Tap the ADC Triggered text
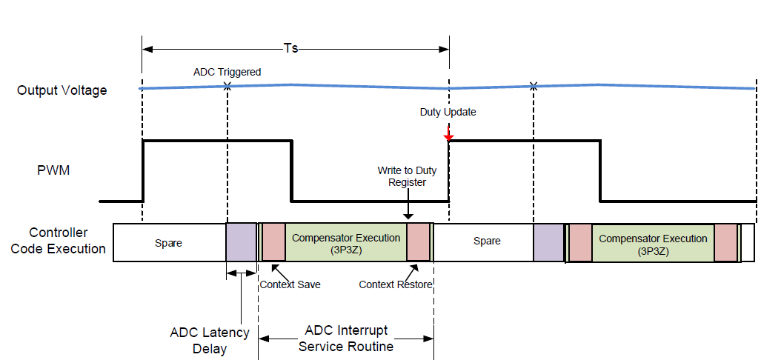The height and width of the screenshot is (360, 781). click(227, 72)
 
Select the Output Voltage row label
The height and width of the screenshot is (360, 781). click(62, 90)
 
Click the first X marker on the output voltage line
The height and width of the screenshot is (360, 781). click(227, 87)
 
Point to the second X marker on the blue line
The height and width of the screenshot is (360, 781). click(534, 87)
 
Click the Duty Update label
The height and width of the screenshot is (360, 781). click(448, 113)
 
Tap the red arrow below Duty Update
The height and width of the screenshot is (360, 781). click(448, 133)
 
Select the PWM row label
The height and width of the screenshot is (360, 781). click(55, 170)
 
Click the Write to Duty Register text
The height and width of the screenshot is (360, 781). click(407, 177)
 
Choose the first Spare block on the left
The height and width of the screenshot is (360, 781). click(168, 242)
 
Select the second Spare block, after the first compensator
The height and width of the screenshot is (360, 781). click(487, 241)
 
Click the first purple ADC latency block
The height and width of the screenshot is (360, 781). click(241, 242)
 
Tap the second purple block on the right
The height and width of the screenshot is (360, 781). click(548, 242)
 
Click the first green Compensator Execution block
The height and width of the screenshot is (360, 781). click(346, 242)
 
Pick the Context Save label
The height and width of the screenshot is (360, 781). click(290, 284)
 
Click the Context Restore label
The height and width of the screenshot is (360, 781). click(396, 284)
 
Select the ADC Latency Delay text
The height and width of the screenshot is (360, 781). click(210, 341)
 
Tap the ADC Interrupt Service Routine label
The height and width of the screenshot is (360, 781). click(345, 338)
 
